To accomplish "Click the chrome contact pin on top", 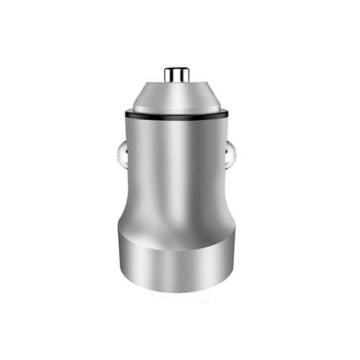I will coord(176,74).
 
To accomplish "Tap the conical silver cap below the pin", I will coord(176,97).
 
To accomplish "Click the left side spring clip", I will coord(120,154).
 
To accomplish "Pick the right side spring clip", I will coord(233,154).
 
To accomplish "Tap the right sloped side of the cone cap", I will coord(210,97).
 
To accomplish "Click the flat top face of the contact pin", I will coord(176,68).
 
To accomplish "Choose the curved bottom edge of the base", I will coord(176,291).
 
